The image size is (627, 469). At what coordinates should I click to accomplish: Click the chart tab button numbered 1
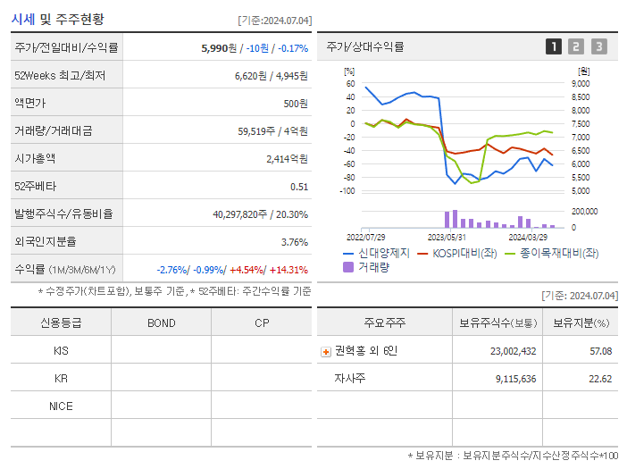554,47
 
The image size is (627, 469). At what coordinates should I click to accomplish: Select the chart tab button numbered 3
598,47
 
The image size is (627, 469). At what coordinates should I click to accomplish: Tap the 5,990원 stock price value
220,48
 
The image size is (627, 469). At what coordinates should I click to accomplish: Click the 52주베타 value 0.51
299,187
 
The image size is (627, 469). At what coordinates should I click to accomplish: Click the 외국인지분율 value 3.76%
294,242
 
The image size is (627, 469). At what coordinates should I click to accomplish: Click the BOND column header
161,322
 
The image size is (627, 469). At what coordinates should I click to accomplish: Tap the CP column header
261,322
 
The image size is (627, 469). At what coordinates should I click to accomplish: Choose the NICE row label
61,406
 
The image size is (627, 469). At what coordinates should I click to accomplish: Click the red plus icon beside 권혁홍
326,351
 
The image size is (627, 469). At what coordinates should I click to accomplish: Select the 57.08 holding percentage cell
600,351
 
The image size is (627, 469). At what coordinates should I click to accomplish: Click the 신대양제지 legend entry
375,254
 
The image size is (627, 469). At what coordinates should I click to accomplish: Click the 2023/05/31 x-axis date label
447,237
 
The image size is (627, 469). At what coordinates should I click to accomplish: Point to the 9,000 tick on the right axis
580,83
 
